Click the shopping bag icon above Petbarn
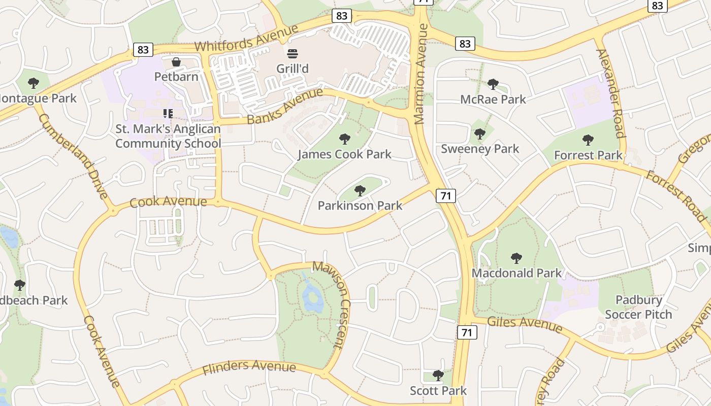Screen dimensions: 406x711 click(176, 62)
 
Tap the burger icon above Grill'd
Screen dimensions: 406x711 click(293, 53)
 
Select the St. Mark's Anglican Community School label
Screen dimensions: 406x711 click(168, 136)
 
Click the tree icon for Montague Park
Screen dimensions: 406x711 click(34, 83)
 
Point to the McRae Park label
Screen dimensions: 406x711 click(493, 99)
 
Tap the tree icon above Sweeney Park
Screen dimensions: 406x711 click(479, 134)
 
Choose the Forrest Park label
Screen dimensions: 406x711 click(588, 155)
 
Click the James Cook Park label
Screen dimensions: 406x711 click(344, 154)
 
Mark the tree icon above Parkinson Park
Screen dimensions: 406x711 click(360, 191)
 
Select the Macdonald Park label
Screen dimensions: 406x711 click(516, 273)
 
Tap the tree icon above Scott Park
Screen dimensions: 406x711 click(438, 376)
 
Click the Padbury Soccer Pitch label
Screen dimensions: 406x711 click(638, 307)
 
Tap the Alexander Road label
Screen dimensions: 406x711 click(610, 93)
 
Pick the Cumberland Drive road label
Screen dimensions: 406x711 click(73, 156)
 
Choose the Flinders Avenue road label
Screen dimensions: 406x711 click(249, 367)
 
